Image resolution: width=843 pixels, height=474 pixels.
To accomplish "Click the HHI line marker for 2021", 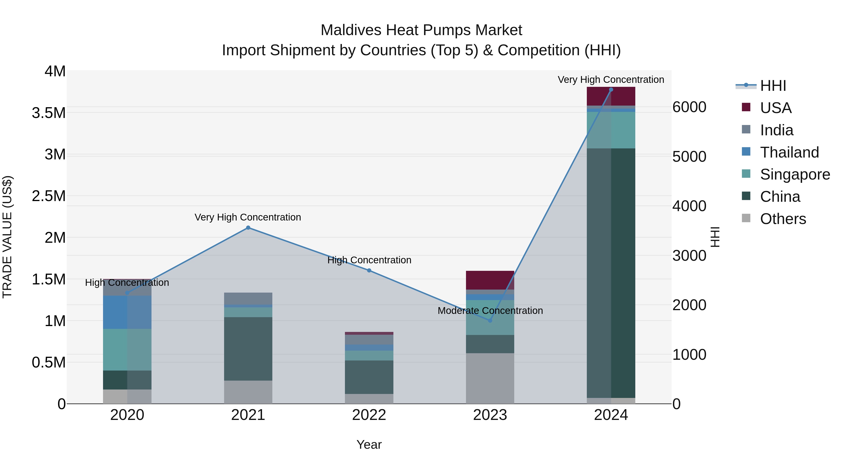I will click(x=248, y=228).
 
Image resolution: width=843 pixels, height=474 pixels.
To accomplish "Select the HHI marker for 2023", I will click(x=490, y=321).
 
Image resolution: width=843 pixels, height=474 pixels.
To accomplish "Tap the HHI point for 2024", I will click(x=611, y=90).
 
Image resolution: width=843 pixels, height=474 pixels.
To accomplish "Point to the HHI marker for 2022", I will click(x=369, y=271).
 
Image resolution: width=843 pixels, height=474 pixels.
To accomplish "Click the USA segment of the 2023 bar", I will click(x=490, y=280).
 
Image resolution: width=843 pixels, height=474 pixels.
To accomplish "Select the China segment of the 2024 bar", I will click(x=611, y=273).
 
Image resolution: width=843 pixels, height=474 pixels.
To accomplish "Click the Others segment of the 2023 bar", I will click(x=490, y=378).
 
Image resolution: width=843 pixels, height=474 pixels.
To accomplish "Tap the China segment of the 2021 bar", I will click(x=248, y=349).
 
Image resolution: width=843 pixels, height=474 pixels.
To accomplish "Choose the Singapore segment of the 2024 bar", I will click(x=611, y=130).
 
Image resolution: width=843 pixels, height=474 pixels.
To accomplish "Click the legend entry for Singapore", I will click(x=795, y=174).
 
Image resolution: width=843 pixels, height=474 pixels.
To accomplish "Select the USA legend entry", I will click(x=775, y=108).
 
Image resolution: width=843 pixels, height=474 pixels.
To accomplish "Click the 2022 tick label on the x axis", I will click(x=369, y=415).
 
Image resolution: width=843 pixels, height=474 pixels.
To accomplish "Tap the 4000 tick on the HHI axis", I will click(x=689, y=206).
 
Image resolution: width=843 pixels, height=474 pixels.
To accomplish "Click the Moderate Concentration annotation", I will click(x=490, y=310).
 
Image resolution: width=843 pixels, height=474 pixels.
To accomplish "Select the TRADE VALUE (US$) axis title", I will click(x=7, y=237).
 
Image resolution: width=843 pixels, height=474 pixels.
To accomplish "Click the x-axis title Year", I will click(x=369, y=445).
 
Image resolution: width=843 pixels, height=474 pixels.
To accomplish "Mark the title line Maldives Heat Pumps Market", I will click(x=421, y=30).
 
